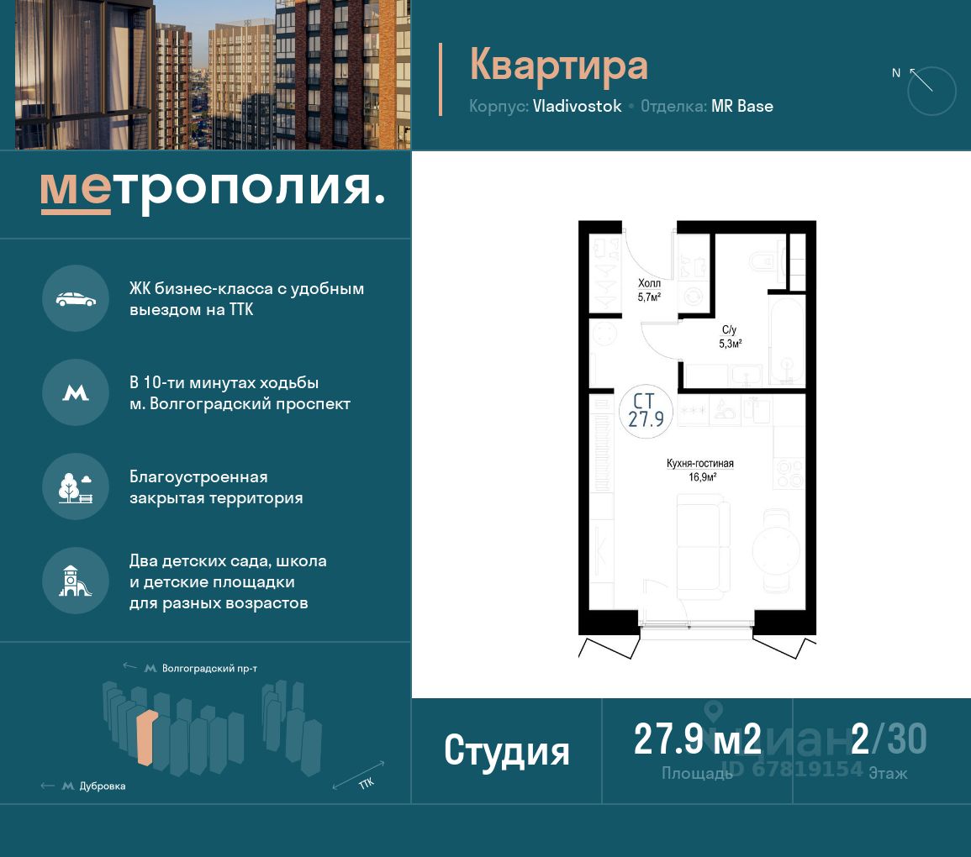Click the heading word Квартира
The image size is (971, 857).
pyautogui.click(x=558, y=66)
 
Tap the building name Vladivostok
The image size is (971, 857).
pyautogui.click(x=577, y=106)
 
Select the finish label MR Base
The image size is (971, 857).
pyautogui.click(x=741, y=106)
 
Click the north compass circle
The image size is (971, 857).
pyautogui.click(x=931, y=91)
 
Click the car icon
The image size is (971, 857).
pyautogui.click(x=76, y=299)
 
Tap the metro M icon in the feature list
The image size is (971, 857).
pyautogui.click(x=76, y=393)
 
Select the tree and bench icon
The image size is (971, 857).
pyautogui.click(x=76, y=487)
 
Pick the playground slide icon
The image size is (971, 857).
pyautogui.click(x=75, y=581)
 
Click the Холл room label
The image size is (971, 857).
pyautogui.click(x=649, y=283)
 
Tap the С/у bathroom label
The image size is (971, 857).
pyautogui.click(x=730, y=330)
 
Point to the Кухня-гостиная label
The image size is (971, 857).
pyautogui.click(x=699, y=463)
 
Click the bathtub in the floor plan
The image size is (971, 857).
pyautogui.click(x=786, y=342)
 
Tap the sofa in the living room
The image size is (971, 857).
pyautogui.click(x=703, y=547)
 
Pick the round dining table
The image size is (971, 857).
pyautogui.click(x=777, y=549)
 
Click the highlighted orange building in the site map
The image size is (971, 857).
pyautogui.click(x=147, y=738)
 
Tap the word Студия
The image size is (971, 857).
pyautogui.click(x=507, y=750)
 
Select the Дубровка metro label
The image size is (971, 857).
pyautogui.click(x=103, y=786)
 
